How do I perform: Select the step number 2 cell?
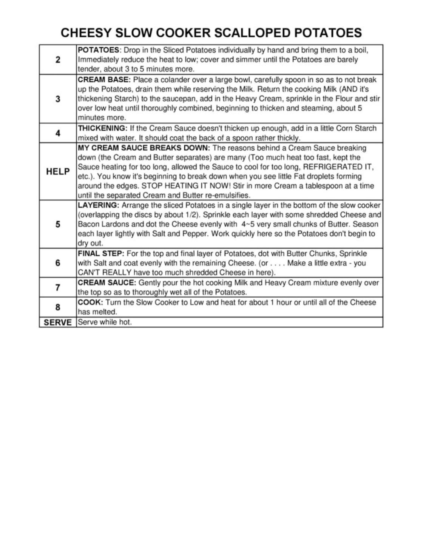tap(58, 60)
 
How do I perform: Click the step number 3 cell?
tap(58, 99)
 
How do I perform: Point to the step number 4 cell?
tap(58, 133)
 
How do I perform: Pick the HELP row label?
tap(58, 171)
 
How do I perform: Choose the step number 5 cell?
tap(58, 224)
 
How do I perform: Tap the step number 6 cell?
tap(58, 263)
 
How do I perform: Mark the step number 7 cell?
tap(58, 288)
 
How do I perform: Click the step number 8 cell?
tap(58, 307)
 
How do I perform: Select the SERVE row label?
tap(58, 323)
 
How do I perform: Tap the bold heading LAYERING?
tap(99, 205)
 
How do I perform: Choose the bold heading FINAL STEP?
tap(101, 253)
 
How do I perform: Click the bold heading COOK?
tap(90, 303)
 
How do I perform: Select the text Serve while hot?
tap(105, 323)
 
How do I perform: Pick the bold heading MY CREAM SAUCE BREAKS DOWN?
tap(144, 148)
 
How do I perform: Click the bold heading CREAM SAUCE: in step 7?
tap(107, 283)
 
